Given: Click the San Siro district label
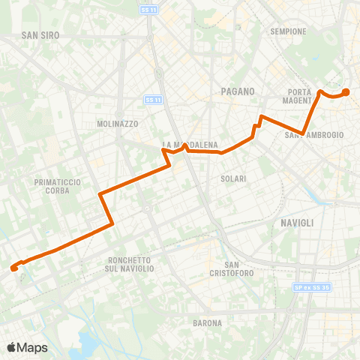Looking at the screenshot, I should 40,34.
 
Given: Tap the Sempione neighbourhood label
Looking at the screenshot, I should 289,31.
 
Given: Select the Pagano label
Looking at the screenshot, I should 238,91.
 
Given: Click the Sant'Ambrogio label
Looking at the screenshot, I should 314,135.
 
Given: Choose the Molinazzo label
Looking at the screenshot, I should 115,123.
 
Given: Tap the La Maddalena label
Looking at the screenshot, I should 190,144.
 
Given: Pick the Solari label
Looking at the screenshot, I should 234,178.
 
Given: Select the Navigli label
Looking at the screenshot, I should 297,223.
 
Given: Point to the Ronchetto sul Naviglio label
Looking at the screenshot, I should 126,263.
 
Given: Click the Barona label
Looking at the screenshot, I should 206,323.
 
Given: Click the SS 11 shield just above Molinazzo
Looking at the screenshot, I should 152,100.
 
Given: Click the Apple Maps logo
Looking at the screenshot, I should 27,347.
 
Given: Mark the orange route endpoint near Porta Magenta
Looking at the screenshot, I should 346,92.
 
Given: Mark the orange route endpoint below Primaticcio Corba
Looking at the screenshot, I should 14,268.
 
